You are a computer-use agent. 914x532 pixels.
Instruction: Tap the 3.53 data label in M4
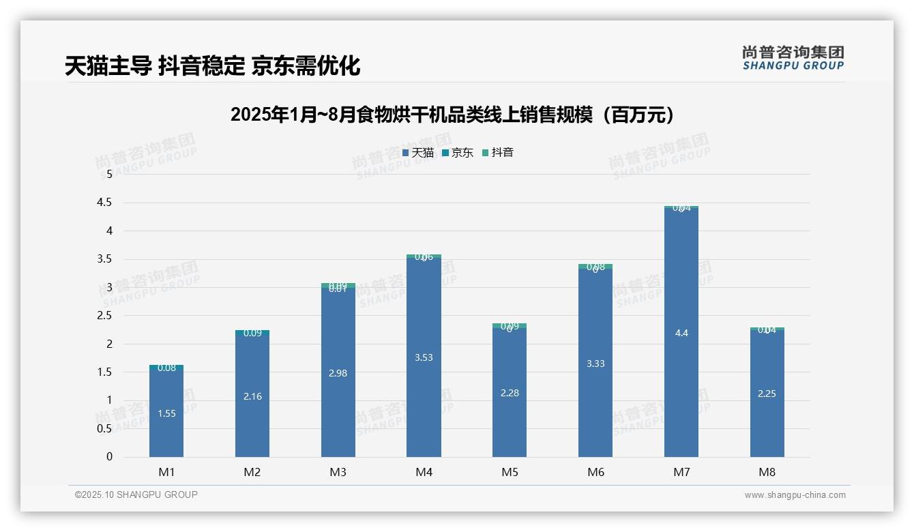pos(424,357)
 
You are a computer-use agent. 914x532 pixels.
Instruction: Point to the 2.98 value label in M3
pos(338,373)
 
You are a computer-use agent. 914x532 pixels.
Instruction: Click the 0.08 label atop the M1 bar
pos(166,368)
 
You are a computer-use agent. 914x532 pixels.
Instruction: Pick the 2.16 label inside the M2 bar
pos(252,396)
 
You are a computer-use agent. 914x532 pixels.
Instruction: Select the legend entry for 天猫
pos(417,153)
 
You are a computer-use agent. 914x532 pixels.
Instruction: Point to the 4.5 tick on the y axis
pos(104,203)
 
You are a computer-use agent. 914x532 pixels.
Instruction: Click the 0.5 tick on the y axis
pos(104,428)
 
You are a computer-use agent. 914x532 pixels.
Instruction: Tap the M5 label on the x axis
pos(510,472)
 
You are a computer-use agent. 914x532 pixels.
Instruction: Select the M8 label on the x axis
pos(767,472)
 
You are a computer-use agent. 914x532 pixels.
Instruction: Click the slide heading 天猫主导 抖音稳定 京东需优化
pos(212,66)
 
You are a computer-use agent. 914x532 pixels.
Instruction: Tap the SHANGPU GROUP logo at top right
pos(793,58)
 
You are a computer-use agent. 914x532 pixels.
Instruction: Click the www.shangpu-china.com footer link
pos(795,495)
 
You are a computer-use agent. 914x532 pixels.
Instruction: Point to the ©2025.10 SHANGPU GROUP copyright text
pos(136,495)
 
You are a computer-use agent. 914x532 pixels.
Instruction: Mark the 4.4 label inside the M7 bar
pos(681,333)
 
